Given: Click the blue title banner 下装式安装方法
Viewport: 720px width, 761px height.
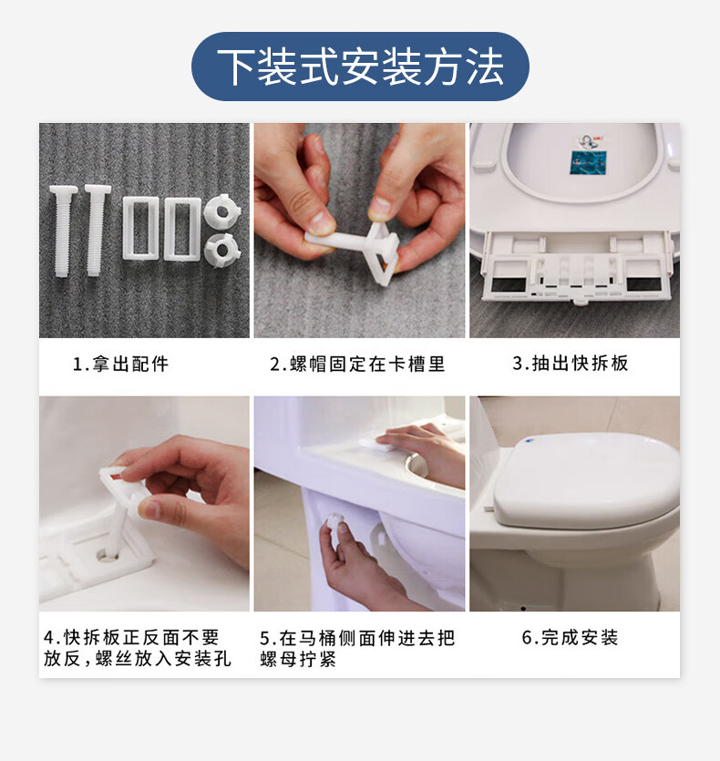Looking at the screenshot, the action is pos(360,67).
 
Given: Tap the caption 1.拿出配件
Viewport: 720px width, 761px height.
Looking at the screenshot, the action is pos(120,364).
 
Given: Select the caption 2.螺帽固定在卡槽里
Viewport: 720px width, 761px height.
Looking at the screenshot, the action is pos(357,364).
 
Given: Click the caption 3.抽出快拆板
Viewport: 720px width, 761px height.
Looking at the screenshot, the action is pos(571,363).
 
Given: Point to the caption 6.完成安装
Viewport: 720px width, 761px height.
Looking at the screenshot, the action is pos(570,637).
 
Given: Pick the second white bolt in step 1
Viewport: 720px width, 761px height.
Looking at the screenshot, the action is pos(97,231).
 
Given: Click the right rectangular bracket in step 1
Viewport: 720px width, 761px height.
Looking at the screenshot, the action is pos(182,229).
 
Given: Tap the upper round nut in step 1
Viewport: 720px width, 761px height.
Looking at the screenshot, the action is pos(221,211).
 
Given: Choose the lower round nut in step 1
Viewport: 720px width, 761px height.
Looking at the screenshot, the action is pos(221,250).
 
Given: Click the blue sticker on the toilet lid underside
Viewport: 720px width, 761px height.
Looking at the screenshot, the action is pos(589,162).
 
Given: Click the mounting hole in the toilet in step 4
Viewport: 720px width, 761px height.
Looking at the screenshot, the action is pos(107,554).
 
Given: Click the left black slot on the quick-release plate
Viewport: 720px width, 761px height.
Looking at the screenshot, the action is pos(509,284).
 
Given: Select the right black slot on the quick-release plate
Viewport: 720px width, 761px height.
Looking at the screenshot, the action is pos(643,284).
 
